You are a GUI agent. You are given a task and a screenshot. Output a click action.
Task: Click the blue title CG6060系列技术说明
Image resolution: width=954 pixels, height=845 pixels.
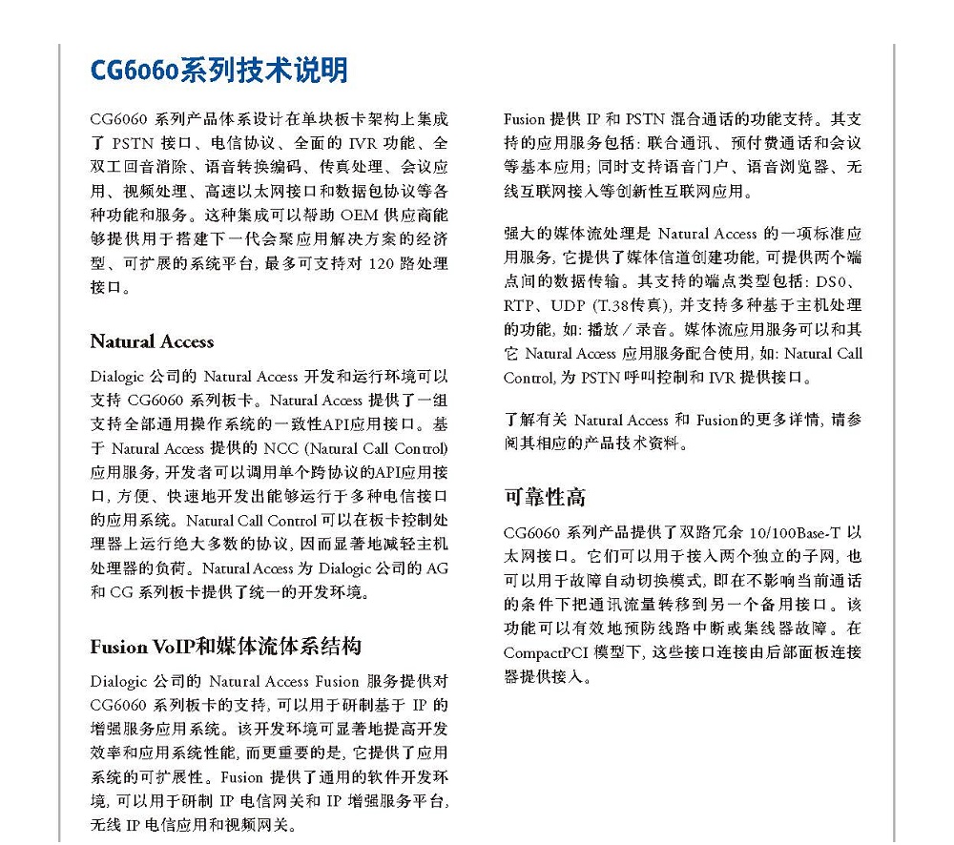tap(218, 71)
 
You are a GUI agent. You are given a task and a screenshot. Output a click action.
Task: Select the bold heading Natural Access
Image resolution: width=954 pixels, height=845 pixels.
tap(152, 341)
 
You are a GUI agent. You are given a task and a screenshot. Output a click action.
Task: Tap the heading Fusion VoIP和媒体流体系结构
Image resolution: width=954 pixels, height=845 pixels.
tap(226, 647)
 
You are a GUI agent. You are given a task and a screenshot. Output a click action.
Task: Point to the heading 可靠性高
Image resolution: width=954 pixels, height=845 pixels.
tap(545, 497)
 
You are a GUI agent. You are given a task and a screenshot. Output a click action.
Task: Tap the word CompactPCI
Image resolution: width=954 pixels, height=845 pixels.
tap(546, 653)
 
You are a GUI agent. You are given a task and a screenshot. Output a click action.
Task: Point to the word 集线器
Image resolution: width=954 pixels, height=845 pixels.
tap(780, 629)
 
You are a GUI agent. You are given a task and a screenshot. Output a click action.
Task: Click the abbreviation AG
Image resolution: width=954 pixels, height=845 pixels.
tap(436, 569)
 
